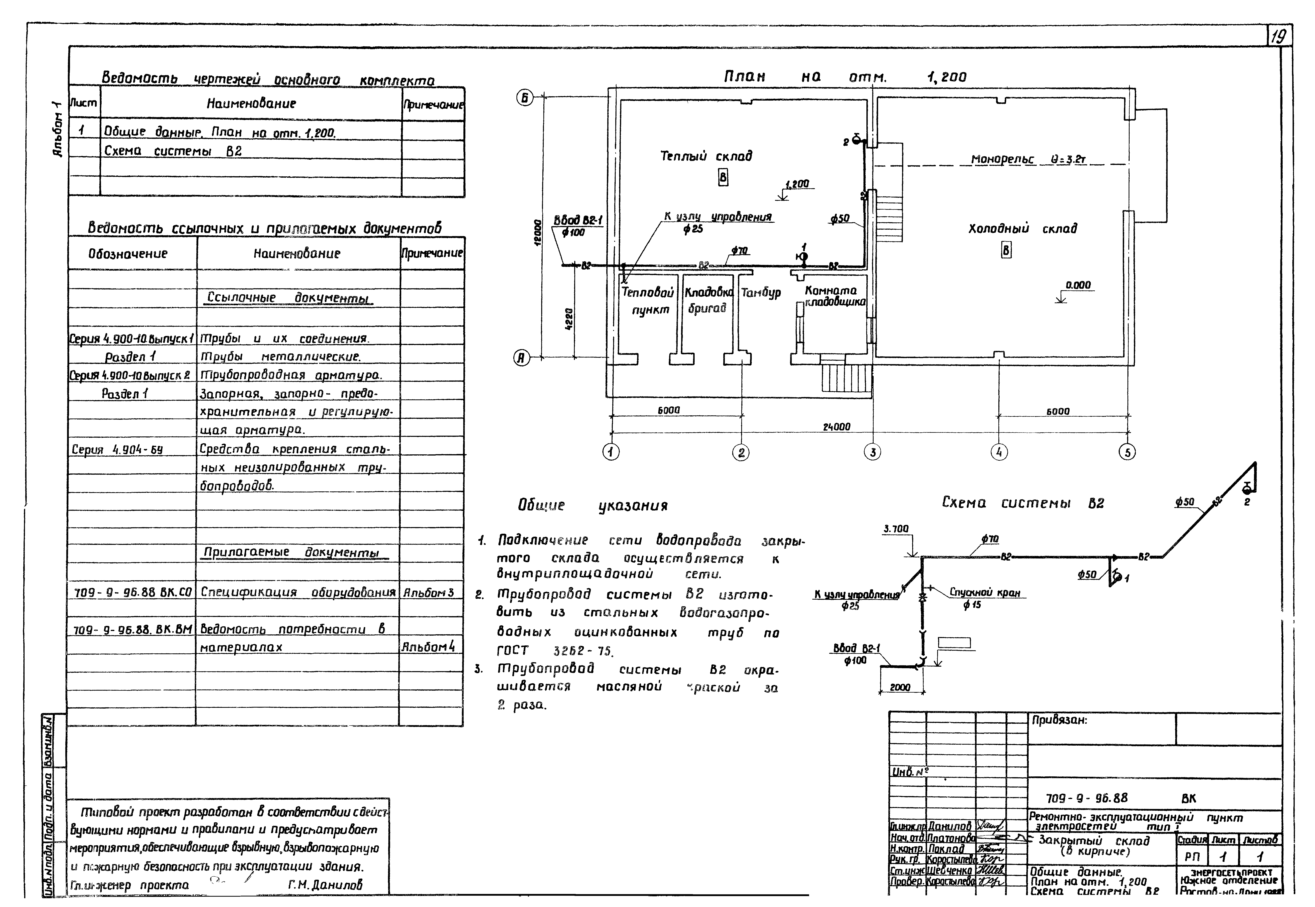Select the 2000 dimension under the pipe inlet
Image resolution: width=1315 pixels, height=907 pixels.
[x=900, y=687]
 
